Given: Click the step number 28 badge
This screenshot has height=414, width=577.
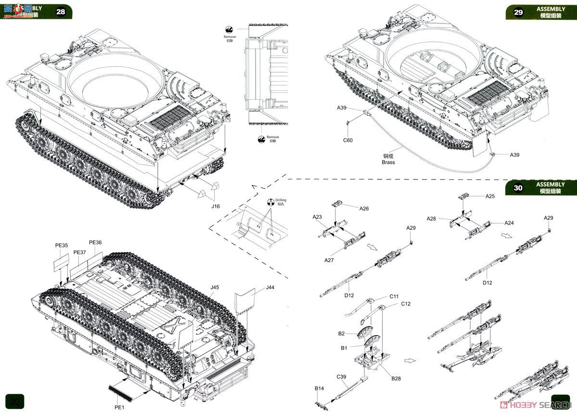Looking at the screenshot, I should tap(61, 12).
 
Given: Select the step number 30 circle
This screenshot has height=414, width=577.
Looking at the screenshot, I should tap(518, 188).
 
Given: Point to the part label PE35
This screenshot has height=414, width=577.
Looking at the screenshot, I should tap(62, 245).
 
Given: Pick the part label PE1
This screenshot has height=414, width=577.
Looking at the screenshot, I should tap(119, 407).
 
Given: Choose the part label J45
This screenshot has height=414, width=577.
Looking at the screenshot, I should tap(214, 288).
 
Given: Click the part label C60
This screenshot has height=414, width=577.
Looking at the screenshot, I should tap(347, 140).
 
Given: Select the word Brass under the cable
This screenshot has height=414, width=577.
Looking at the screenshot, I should tap(388, 163).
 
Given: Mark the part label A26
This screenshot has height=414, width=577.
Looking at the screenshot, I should tap(364, 208).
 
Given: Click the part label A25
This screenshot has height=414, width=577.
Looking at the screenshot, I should tap(490, 196).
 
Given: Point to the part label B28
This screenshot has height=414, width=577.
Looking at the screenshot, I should tap(396, 378).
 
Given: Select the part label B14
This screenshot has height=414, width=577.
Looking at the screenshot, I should tap(319, 388).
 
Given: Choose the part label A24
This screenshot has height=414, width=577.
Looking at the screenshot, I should tap(509, 223).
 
